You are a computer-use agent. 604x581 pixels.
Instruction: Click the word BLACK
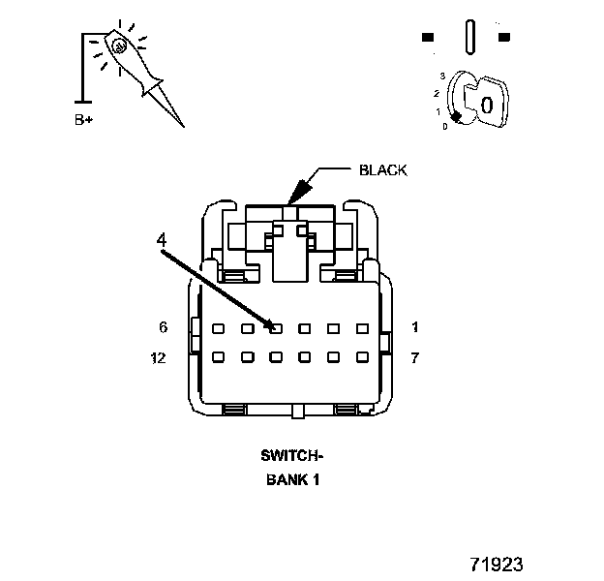click(383, 169)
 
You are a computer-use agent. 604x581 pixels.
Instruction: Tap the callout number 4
click(161, 237)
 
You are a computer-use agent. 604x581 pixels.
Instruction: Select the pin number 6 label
click(164, 327)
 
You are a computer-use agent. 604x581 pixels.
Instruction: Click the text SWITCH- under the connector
click(292, 454)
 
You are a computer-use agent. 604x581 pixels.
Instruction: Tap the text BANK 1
click(292, 477)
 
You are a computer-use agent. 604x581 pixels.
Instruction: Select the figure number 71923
click(497, 564)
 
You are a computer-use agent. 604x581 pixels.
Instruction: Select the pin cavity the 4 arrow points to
click(276, 328)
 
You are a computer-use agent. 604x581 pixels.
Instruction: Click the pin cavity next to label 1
click(363, 328)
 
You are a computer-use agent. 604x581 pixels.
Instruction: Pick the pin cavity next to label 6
click(219, 328)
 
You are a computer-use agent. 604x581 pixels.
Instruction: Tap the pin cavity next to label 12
click(219, 356)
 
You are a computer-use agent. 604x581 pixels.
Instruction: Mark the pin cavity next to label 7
click(363, 356)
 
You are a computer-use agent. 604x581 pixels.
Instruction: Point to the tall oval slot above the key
click(469, 38)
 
